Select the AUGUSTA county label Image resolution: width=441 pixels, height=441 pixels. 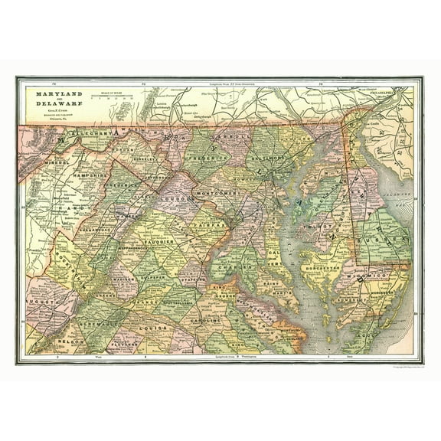(x=42, y=304)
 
